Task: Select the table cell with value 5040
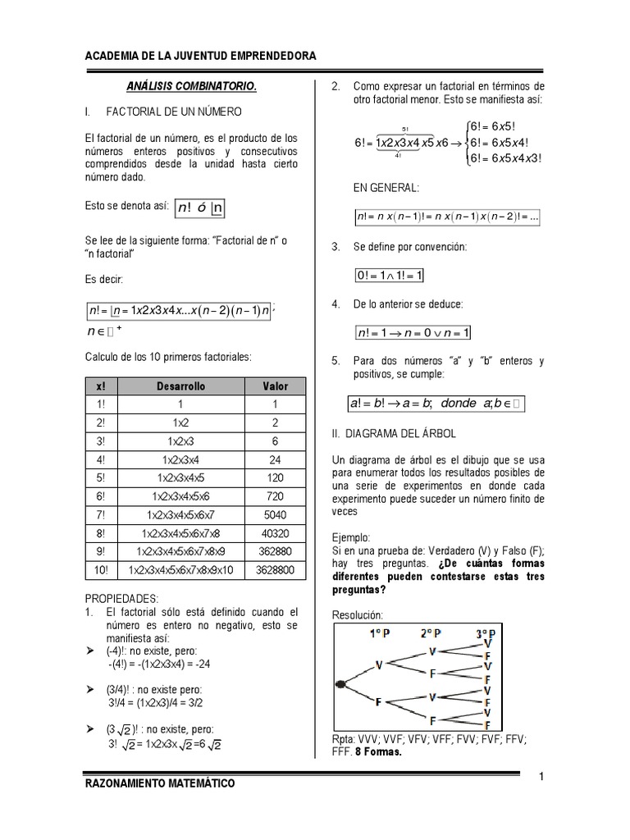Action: pos(276,514)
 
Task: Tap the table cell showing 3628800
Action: pos(276,570)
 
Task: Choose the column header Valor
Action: pos(276,386)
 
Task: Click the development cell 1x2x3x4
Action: pos(182,459)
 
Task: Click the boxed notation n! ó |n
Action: pos(199,208)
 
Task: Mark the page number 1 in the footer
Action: pos(542,776)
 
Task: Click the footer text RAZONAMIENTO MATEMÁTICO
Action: pos(160,783)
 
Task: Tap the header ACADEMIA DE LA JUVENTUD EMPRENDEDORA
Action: pos(201,56)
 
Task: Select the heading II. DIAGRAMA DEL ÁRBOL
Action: pos(394,432)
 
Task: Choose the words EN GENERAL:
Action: pos(386,188)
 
